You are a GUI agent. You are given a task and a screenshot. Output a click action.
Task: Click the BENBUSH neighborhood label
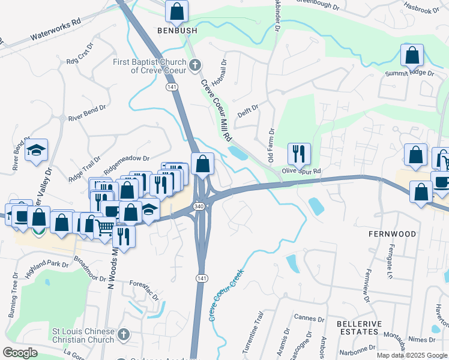[177, 29]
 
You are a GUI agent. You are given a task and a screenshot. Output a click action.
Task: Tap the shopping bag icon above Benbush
[177, 10]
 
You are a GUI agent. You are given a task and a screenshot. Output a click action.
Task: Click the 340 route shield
[198, 206]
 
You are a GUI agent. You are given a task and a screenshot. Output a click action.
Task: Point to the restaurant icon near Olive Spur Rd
[298, 154]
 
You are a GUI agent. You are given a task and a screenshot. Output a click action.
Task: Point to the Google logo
[20, 353]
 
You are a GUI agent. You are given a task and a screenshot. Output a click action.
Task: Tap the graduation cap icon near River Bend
[37, 150]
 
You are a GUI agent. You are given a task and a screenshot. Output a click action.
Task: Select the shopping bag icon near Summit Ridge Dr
[413, 55]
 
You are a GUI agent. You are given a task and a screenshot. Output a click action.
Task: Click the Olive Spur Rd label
[303, 172]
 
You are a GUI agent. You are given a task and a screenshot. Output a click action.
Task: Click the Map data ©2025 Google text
[412, 355]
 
